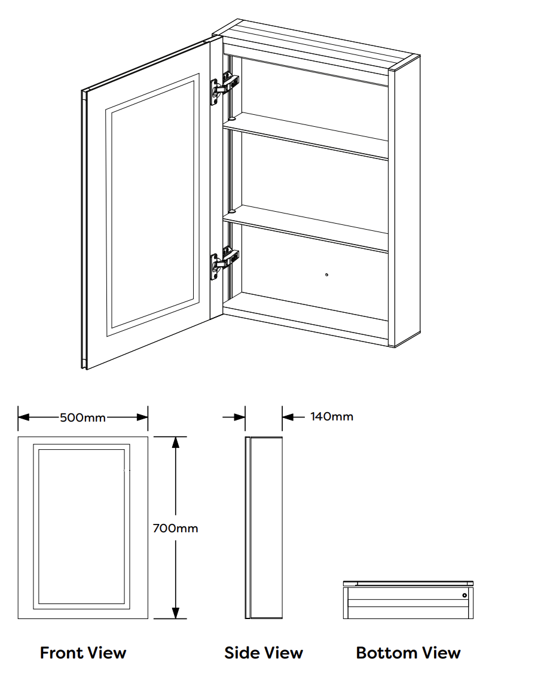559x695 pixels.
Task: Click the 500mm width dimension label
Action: coord(83,417)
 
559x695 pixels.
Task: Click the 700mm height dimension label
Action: coord(175,528)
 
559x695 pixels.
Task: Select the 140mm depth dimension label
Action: coord(331,416)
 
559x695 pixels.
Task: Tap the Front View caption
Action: coord(83,653)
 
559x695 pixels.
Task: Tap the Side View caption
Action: coord(264,653)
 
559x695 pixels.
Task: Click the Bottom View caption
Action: coord(408,653)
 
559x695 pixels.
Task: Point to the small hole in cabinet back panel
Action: coord(326,275)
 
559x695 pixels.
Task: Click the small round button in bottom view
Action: coord(464,595)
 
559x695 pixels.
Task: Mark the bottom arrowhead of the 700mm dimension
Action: coord(175,613)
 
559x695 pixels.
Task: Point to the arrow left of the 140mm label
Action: coord(289,417)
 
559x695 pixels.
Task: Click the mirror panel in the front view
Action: coord(83,526)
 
